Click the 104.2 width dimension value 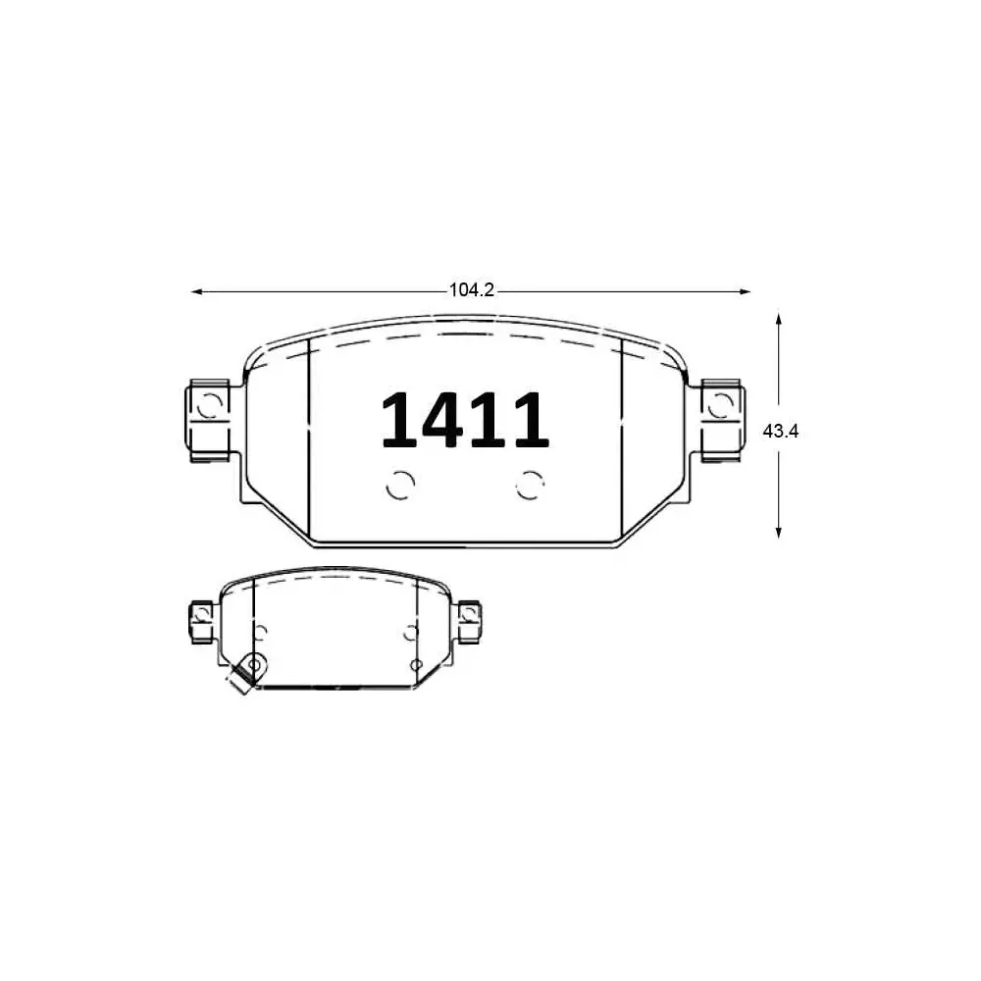(470, 290)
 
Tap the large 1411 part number (464, 420)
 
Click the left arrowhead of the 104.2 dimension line (195, 291)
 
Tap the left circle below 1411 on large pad (400, 484)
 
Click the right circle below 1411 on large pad (532, 484)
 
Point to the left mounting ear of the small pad (202, 621)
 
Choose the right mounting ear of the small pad (469, 620)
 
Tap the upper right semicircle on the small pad (410, 633)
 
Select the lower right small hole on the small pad (416, 665)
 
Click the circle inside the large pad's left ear (209, 403)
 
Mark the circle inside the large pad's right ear (721, 403)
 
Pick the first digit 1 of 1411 (399, 420)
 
